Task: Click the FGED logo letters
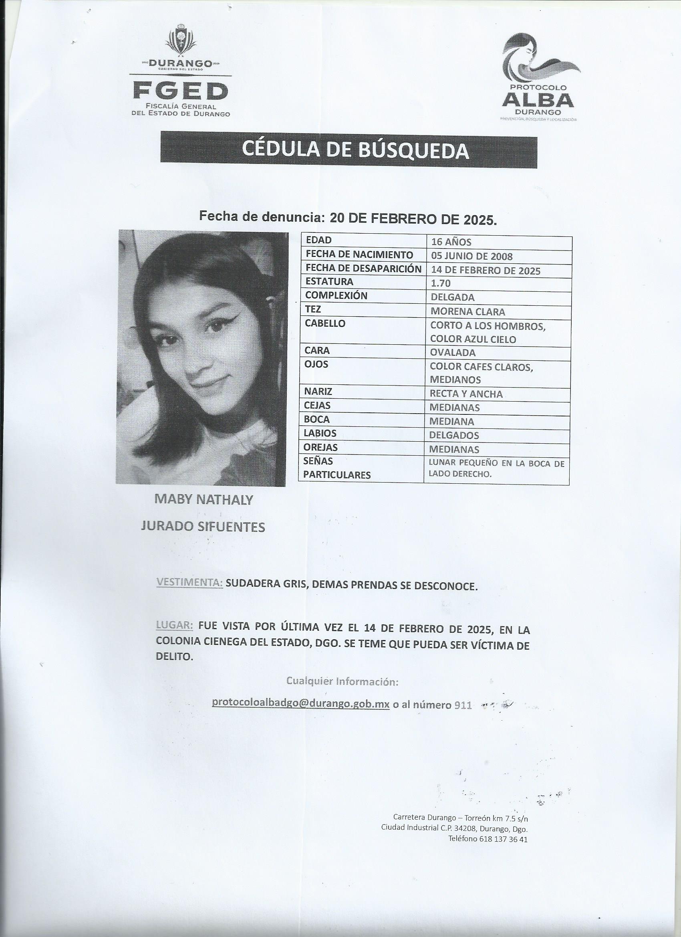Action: (181, 91)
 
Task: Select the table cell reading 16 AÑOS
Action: (451, 242)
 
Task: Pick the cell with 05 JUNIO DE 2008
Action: (471, 256)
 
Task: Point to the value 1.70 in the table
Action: (440, 283)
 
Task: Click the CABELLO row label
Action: (324, 323)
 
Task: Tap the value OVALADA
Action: (453, 352)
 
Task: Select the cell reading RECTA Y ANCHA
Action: (466, 394)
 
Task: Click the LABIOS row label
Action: (320, 433)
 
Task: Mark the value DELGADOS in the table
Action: (454, 435)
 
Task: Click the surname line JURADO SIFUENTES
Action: (203, 527)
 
